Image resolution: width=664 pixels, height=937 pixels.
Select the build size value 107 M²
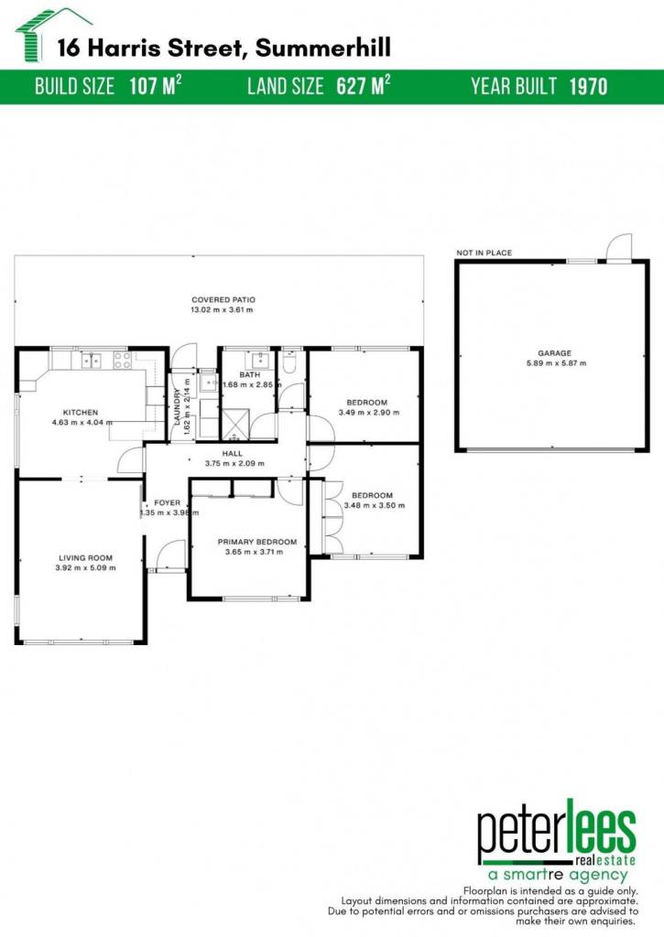156,86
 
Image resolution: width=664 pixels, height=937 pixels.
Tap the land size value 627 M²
363,86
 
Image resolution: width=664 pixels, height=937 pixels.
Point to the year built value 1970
588,87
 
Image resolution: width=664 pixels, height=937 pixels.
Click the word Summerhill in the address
323,48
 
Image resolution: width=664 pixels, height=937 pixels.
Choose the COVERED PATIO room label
223,300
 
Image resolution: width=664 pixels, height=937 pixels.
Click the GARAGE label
554,353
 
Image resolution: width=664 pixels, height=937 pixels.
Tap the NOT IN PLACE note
484,253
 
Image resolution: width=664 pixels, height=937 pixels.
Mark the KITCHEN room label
81,413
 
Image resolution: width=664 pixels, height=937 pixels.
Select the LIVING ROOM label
85,558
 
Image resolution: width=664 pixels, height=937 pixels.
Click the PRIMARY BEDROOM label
257,542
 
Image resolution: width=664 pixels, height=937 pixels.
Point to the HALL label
232,454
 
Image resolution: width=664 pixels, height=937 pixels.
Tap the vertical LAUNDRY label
177,407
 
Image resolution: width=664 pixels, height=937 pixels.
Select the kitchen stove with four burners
122,360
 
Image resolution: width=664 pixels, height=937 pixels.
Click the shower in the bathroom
236,425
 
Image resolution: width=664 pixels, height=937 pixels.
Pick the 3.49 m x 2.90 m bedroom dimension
369,413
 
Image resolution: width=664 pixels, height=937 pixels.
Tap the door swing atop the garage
618,247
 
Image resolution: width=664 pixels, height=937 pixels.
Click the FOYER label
167,503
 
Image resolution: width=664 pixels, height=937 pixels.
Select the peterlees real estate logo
556,841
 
